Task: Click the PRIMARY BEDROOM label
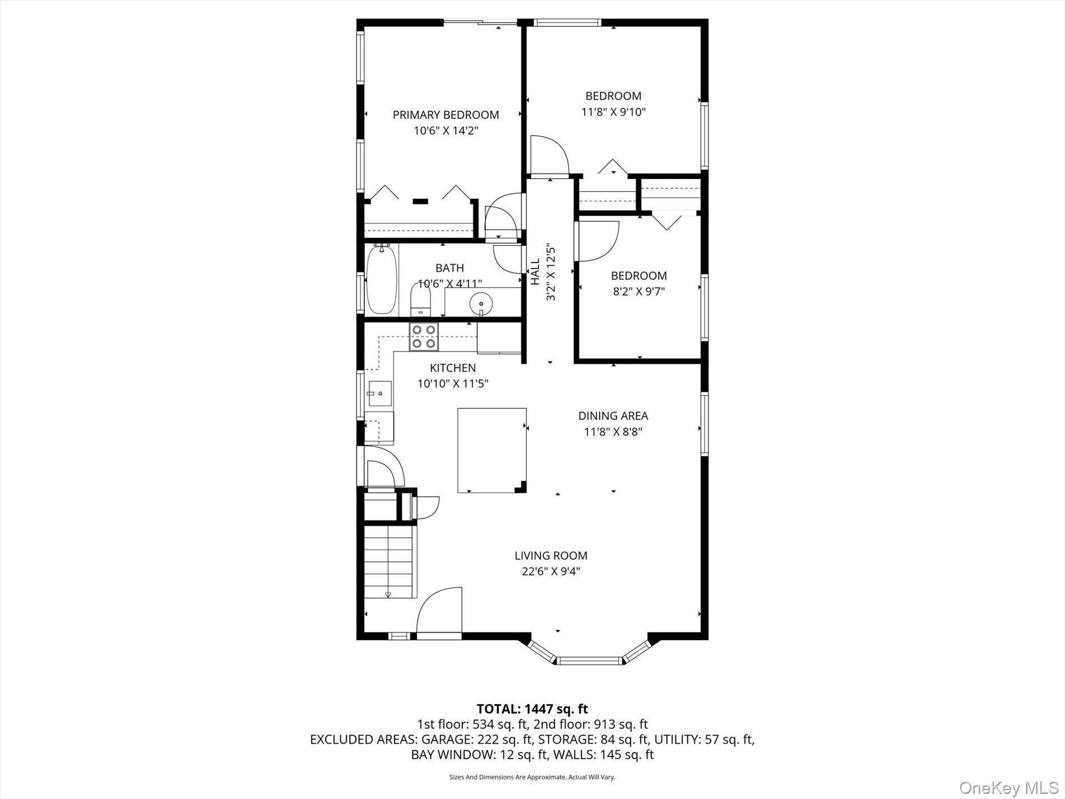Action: point(446,115)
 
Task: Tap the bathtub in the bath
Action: point(382,280)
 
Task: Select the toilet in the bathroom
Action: point(420,301)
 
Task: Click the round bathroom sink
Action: point(481,304)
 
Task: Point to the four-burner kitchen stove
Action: point(424,337)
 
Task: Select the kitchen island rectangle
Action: point(492,450)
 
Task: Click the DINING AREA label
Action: point(613,416)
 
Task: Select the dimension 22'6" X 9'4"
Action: point(551,571)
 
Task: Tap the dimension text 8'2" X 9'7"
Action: point(638,292)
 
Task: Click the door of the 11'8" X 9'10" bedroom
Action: point(549,155)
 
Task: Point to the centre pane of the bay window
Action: point(590,661)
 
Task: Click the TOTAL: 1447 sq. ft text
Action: point(532,709)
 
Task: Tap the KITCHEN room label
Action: point(453,368)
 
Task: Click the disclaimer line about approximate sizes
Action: point(532,777)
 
